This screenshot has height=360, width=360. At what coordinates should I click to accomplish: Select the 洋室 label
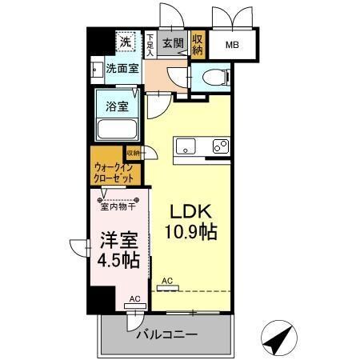[117, 240]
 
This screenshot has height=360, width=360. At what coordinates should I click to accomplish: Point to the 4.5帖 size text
[117, 260]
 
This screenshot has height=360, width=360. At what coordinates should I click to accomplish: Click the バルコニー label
[166, 332]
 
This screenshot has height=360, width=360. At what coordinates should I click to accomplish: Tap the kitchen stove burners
[218, 146]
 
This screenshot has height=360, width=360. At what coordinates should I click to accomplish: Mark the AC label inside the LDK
[166, 281]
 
